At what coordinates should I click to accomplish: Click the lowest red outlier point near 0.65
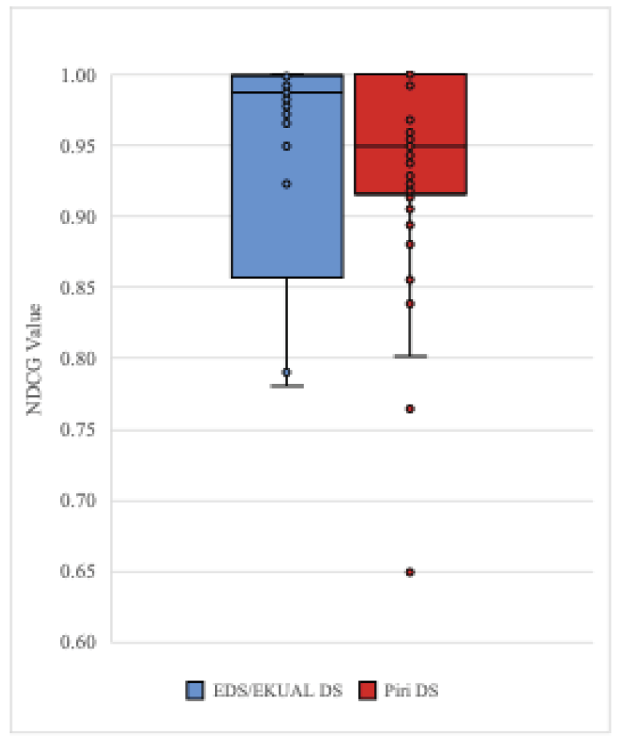pyautogui.click(x=410, y=572)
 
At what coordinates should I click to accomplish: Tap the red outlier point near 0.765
pyautogui.click(x=410, y=409)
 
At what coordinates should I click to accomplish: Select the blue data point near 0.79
pyautogui.click(x=286, y=373)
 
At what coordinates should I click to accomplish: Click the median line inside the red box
pyautogui.click(x=410, y=146)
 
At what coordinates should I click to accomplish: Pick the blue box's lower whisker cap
pyautogui.click(x=287, y=385)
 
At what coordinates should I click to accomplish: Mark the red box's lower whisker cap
pyautogui.click(x=410, y=356)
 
